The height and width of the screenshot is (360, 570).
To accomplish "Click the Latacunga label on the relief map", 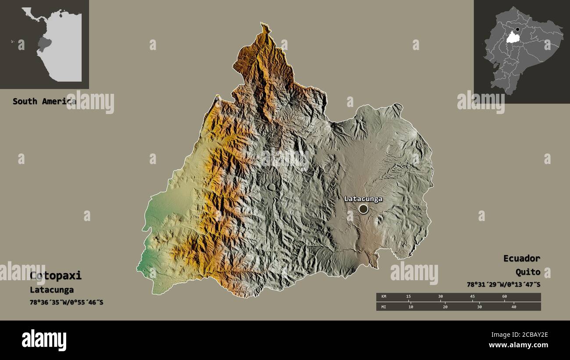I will [x=363, y=199].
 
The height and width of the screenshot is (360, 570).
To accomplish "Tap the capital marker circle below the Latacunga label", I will [x=363, y=209].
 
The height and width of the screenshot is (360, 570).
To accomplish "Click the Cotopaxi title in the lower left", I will [x=56, y=276].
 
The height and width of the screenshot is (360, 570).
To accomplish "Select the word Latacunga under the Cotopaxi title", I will [x=52, y=290].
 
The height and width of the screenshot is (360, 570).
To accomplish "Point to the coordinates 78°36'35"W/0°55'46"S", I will [x=66, y=303].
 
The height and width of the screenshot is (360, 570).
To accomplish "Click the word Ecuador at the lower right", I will [x=521, y=258].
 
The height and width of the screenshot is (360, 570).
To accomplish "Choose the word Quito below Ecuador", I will [x=527, y=272].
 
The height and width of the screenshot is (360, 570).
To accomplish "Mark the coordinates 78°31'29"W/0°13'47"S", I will [x=503, y=285].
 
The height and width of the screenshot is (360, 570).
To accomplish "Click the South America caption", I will [x=44, y=101].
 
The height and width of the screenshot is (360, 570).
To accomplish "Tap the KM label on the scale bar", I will [x=384, y=297].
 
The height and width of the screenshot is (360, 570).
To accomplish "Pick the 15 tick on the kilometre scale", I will [x=408, y=297].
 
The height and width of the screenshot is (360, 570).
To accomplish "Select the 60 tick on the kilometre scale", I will [x=504, y=297].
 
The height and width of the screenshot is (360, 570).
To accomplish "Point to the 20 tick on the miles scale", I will [x=445, y=307].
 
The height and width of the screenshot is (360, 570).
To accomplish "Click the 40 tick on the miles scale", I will [x=513, y=307].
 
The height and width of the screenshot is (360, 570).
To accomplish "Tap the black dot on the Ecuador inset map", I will [x=517, y=30].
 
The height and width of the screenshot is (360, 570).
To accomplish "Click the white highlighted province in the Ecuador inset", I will [x=511, y=38].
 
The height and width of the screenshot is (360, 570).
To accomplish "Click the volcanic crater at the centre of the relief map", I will [x=271, y=187].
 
